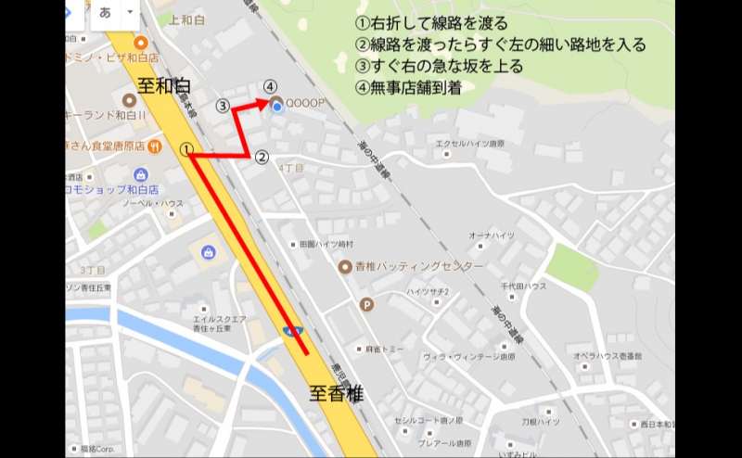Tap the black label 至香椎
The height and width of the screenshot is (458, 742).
click(336, 393)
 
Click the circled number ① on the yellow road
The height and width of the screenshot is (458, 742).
click(186, 148)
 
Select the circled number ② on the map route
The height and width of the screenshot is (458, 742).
click(262, 158)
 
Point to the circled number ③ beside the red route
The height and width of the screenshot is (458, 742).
click(223, 106)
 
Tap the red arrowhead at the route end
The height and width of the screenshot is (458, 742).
click(266, 99)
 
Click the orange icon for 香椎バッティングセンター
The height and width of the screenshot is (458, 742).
click(344, 266)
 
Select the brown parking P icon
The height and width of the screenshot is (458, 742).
click(367, 303)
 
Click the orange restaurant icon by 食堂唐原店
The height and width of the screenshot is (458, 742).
click(155, 146)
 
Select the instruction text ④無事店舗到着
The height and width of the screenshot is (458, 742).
click(409, 88)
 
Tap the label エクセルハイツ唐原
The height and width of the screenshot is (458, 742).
click(470, 144)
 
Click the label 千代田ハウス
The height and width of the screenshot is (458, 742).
click(524, 286)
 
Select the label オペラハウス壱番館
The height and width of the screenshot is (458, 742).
click(607, 356)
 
